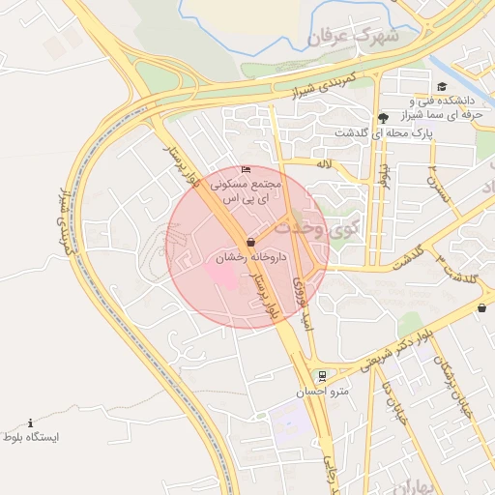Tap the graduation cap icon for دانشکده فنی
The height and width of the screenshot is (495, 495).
pyautogui.click(x=442, y=87)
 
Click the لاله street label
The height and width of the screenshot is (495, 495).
pyautogui.click(x=323, y=165)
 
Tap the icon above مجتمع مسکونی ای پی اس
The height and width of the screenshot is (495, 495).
pyautogui.click(x=246, y=170)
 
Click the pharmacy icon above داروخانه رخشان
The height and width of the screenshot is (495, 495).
pyautogui.click(x=251, y=241)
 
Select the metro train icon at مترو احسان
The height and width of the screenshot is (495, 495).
pyautogui.click(x=322, y=376)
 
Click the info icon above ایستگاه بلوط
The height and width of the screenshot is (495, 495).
pyautogui.click(x=31, y=423)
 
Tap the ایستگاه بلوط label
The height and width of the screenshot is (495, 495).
pyautogui.click(x=30, y=438)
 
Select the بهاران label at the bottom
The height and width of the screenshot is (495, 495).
pyautogui.click(x=413, y=482)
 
